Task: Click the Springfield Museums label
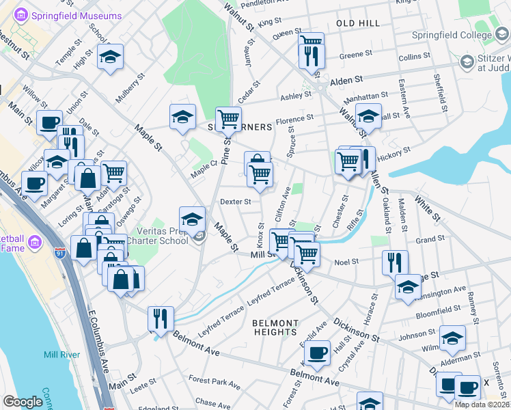tap(67, 14)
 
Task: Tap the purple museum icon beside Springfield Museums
tap(20, 14)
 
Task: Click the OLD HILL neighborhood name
tap(357, 23)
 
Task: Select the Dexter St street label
tap(236, 202)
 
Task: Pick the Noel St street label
tap(347, 261)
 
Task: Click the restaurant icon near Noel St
tap(395, 261)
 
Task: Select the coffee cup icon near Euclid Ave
tap(317, 352)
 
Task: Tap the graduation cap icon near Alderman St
tap(452, 337)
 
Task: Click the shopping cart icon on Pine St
tap(228, 119)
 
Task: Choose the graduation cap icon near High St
tap(109, 58)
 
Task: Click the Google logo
tap(23, 402)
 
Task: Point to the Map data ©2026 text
tap(482, 405)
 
